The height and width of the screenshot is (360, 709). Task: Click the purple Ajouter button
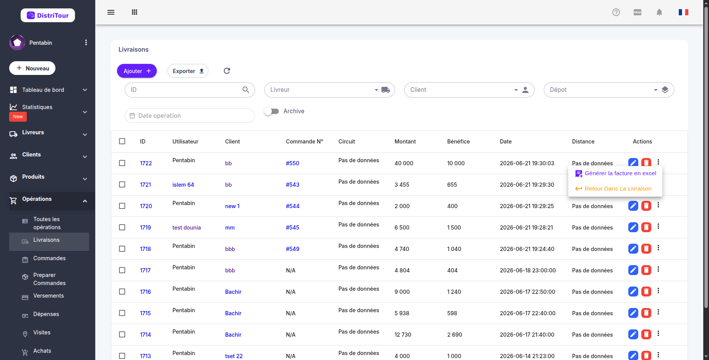pyautogui.click(x=137, y=71)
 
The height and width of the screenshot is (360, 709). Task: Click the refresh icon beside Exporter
pyautogui.click(x=227, y=71)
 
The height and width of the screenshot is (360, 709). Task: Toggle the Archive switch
pyautogui.click(x=272, y=111)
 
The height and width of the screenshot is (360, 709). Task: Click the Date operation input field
pyautogui.click(x=190, y=116)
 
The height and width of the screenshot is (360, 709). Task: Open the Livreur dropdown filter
pyautogui.click(x=329, y=90)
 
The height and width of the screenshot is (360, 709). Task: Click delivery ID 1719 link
pyautogui.click(x=145, y=228)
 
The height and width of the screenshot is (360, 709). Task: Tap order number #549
pyautogui.click(x=293, y=249)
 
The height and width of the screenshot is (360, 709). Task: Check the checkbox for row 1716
pyautogui.click(x=122, y=292)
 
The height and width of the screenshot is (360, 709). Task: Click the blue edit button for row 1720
pyautogui.click(x=633, y=206)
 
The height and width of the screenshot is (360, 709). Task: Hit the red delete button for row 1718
pyautogui.click(x=646, y=249)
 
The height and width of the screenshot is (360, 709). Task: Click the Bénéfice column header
pyautogui.click(x=459, y=142)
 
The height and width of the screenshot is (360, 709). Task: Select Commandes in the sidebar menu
pyautogui.click(x=49, y=258)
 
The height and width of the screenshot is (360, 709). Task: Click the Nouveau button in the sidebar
pyautogui.click(x=33, y=68)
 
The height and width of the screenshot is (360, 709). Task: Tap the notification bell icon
pyautogui.click(x=659, y=12)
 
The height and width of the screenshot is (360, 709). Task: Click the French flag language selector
pyautogui.click(x=683, y=12)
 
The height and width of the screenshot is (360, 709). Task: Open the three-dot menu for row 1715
pyautogui.click(x=659, y=312)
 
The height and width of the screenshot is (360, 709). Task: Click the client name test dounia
pyautogui.click(x=187, y=228)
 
